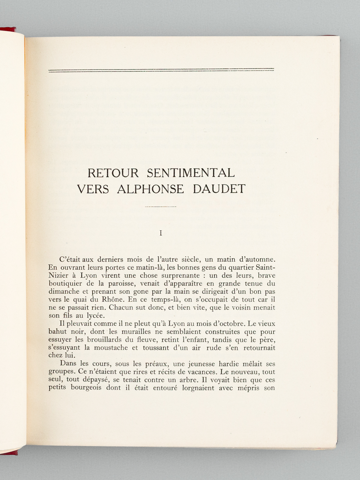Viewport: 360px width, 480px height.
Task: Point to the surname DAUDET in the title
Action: [220, 189]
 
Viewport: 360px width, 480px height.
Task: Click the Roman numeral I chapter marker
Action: [161, 233]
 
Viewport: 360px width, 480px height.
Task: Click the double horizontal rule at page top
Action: [161, 70]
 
